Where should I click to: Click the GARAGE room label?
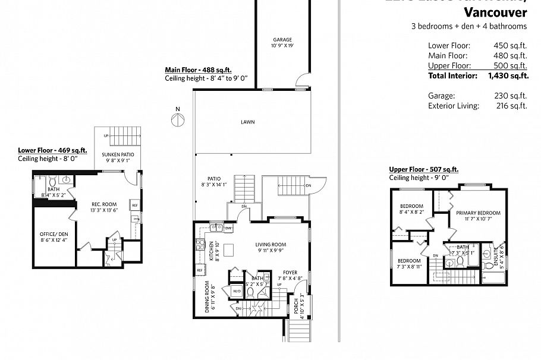(282, 40)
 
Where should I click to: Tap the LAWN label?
(247, 122)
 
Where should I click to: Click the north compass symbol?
(177, 119)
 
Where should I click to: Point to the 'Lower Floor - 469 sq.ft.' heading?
(53, 150)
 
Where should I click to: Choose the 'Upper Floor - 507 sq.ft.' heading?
(423, 169)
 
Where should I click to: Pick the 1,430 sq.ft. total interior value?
(508, 75)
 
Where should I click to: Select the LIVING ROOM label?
(271, 244)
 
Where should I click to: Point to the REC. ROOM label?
(96, 203)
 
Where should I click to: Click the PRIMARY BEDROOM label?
(478, 213)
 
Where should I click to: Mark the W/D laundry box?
(236, 291)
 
